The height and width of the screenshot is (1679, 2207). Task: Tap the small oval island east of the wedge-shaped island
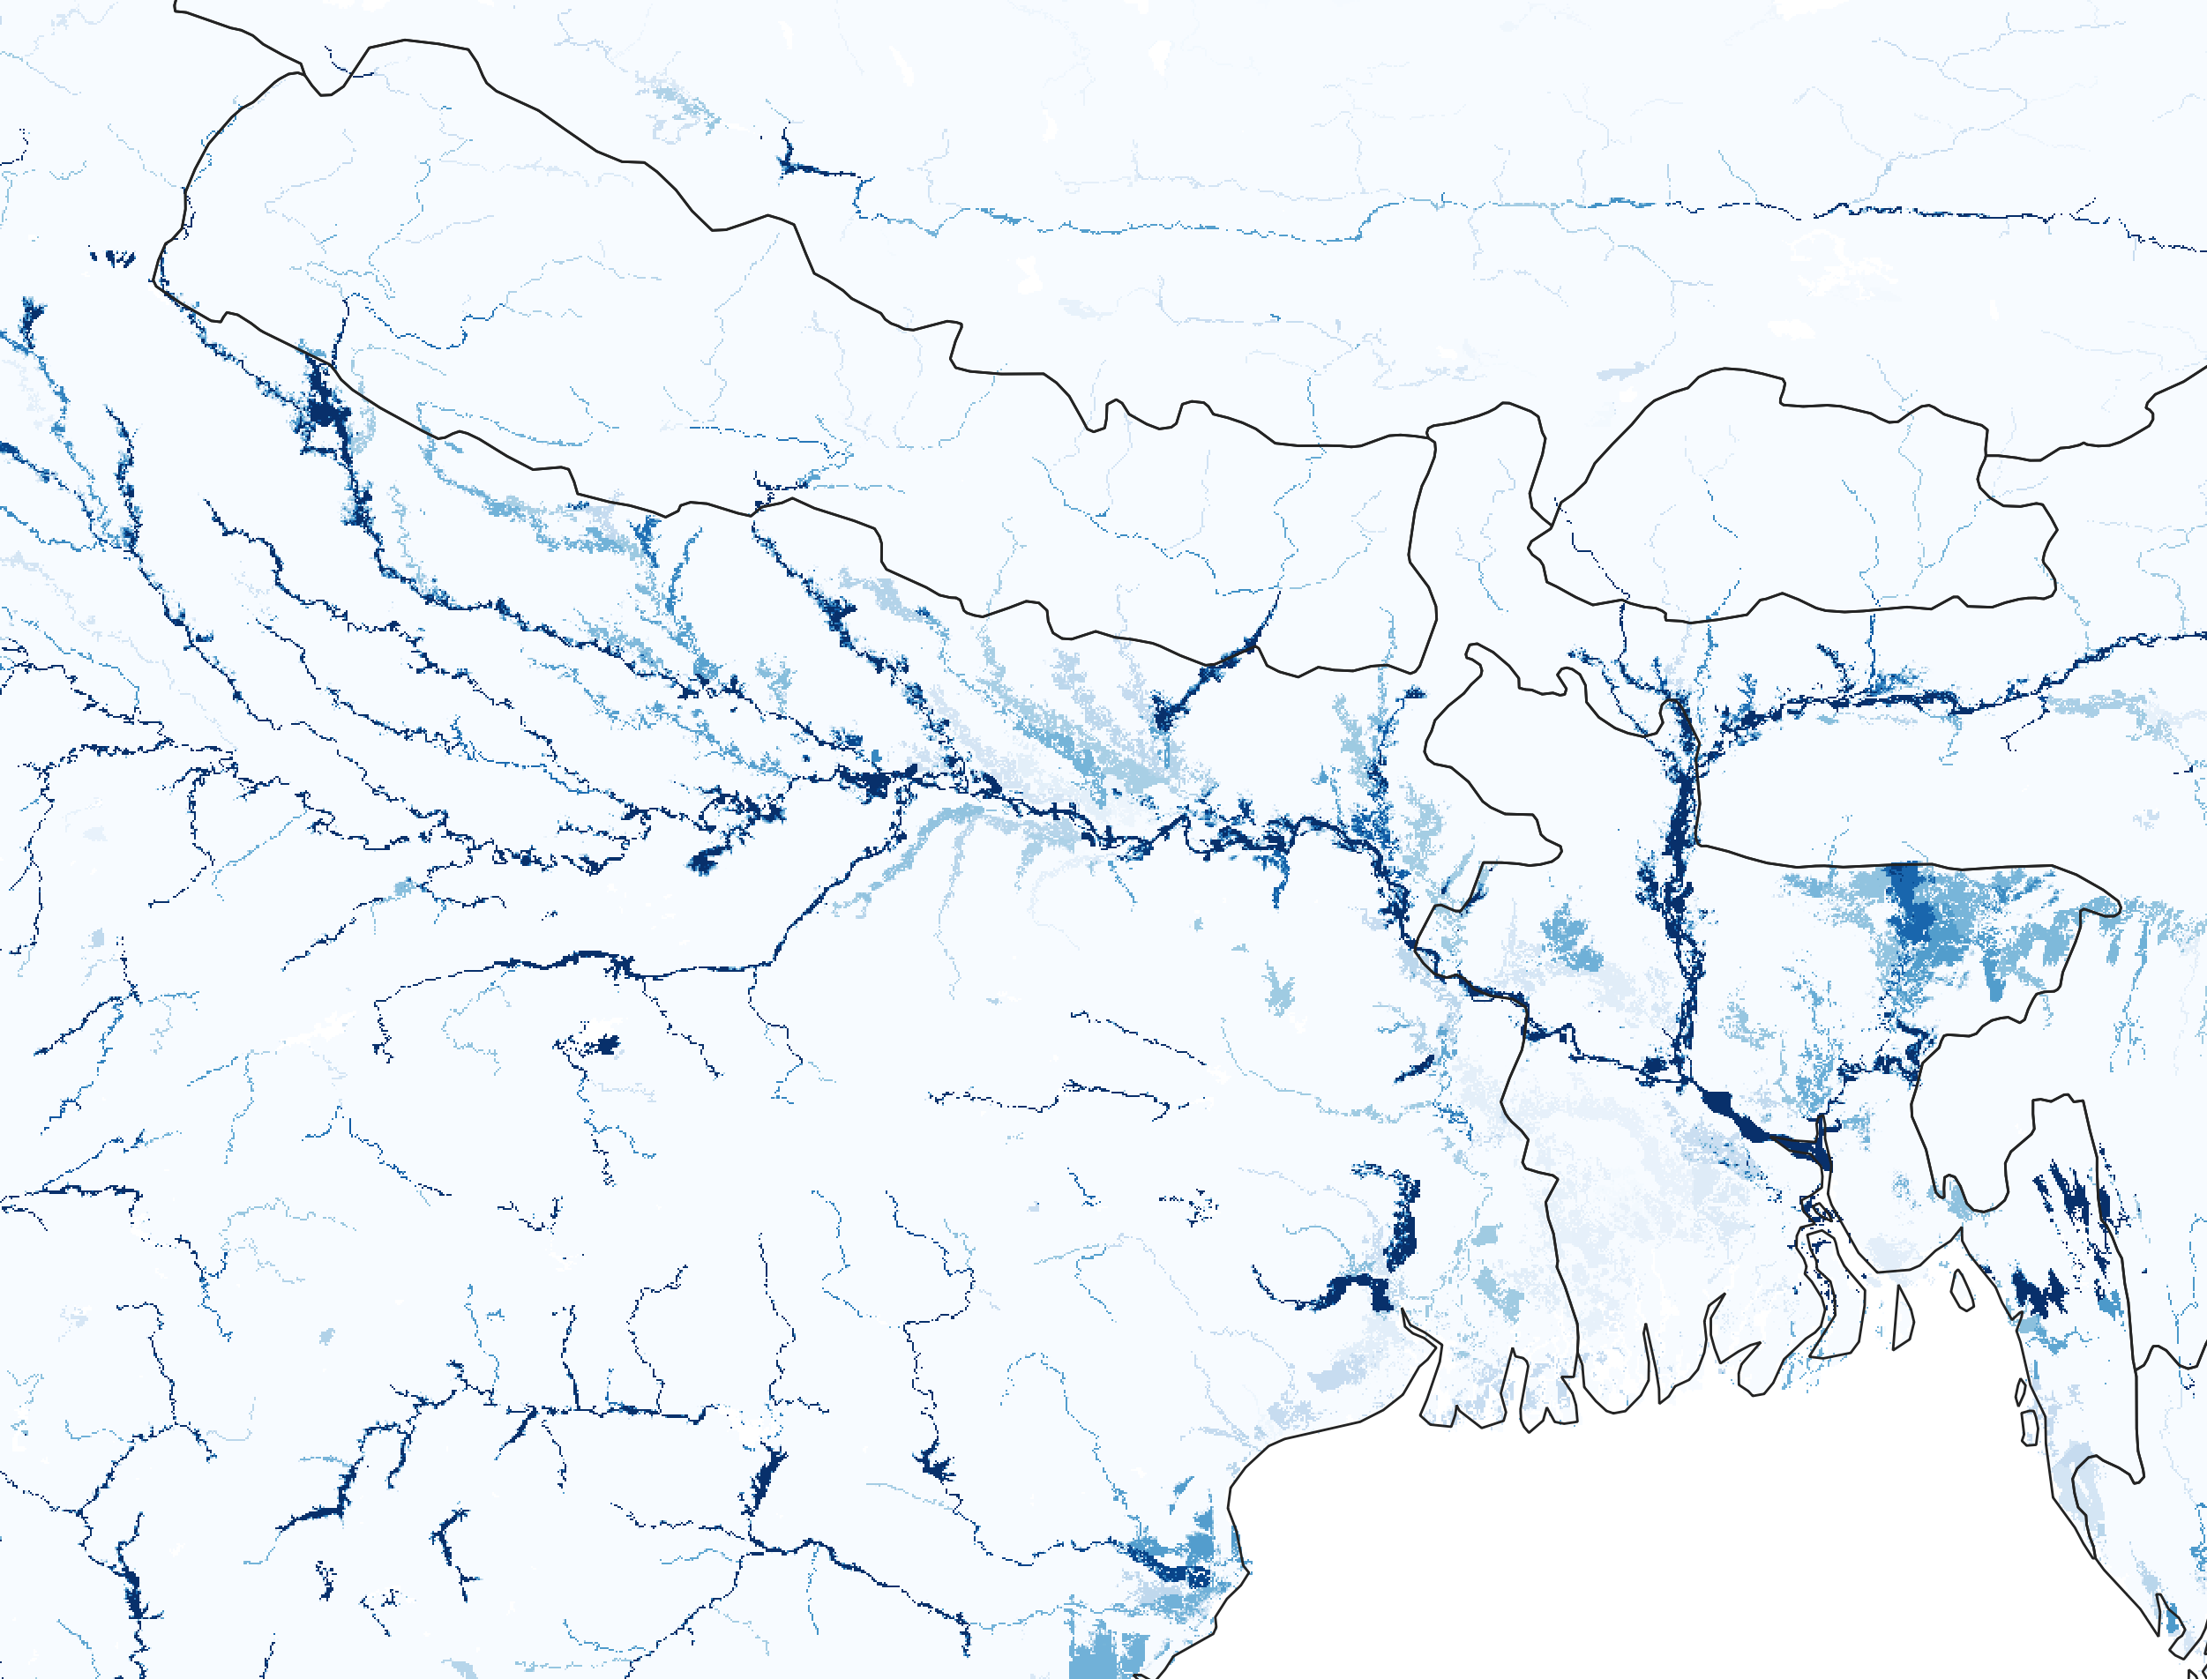[1962, 1289]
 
